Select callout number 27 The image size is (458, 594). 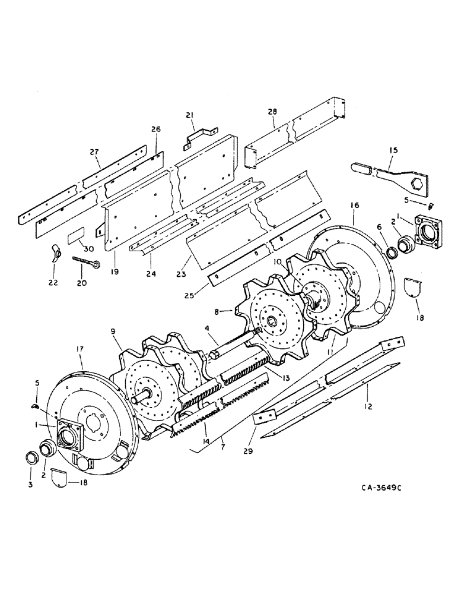click(x=95, y=151)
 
